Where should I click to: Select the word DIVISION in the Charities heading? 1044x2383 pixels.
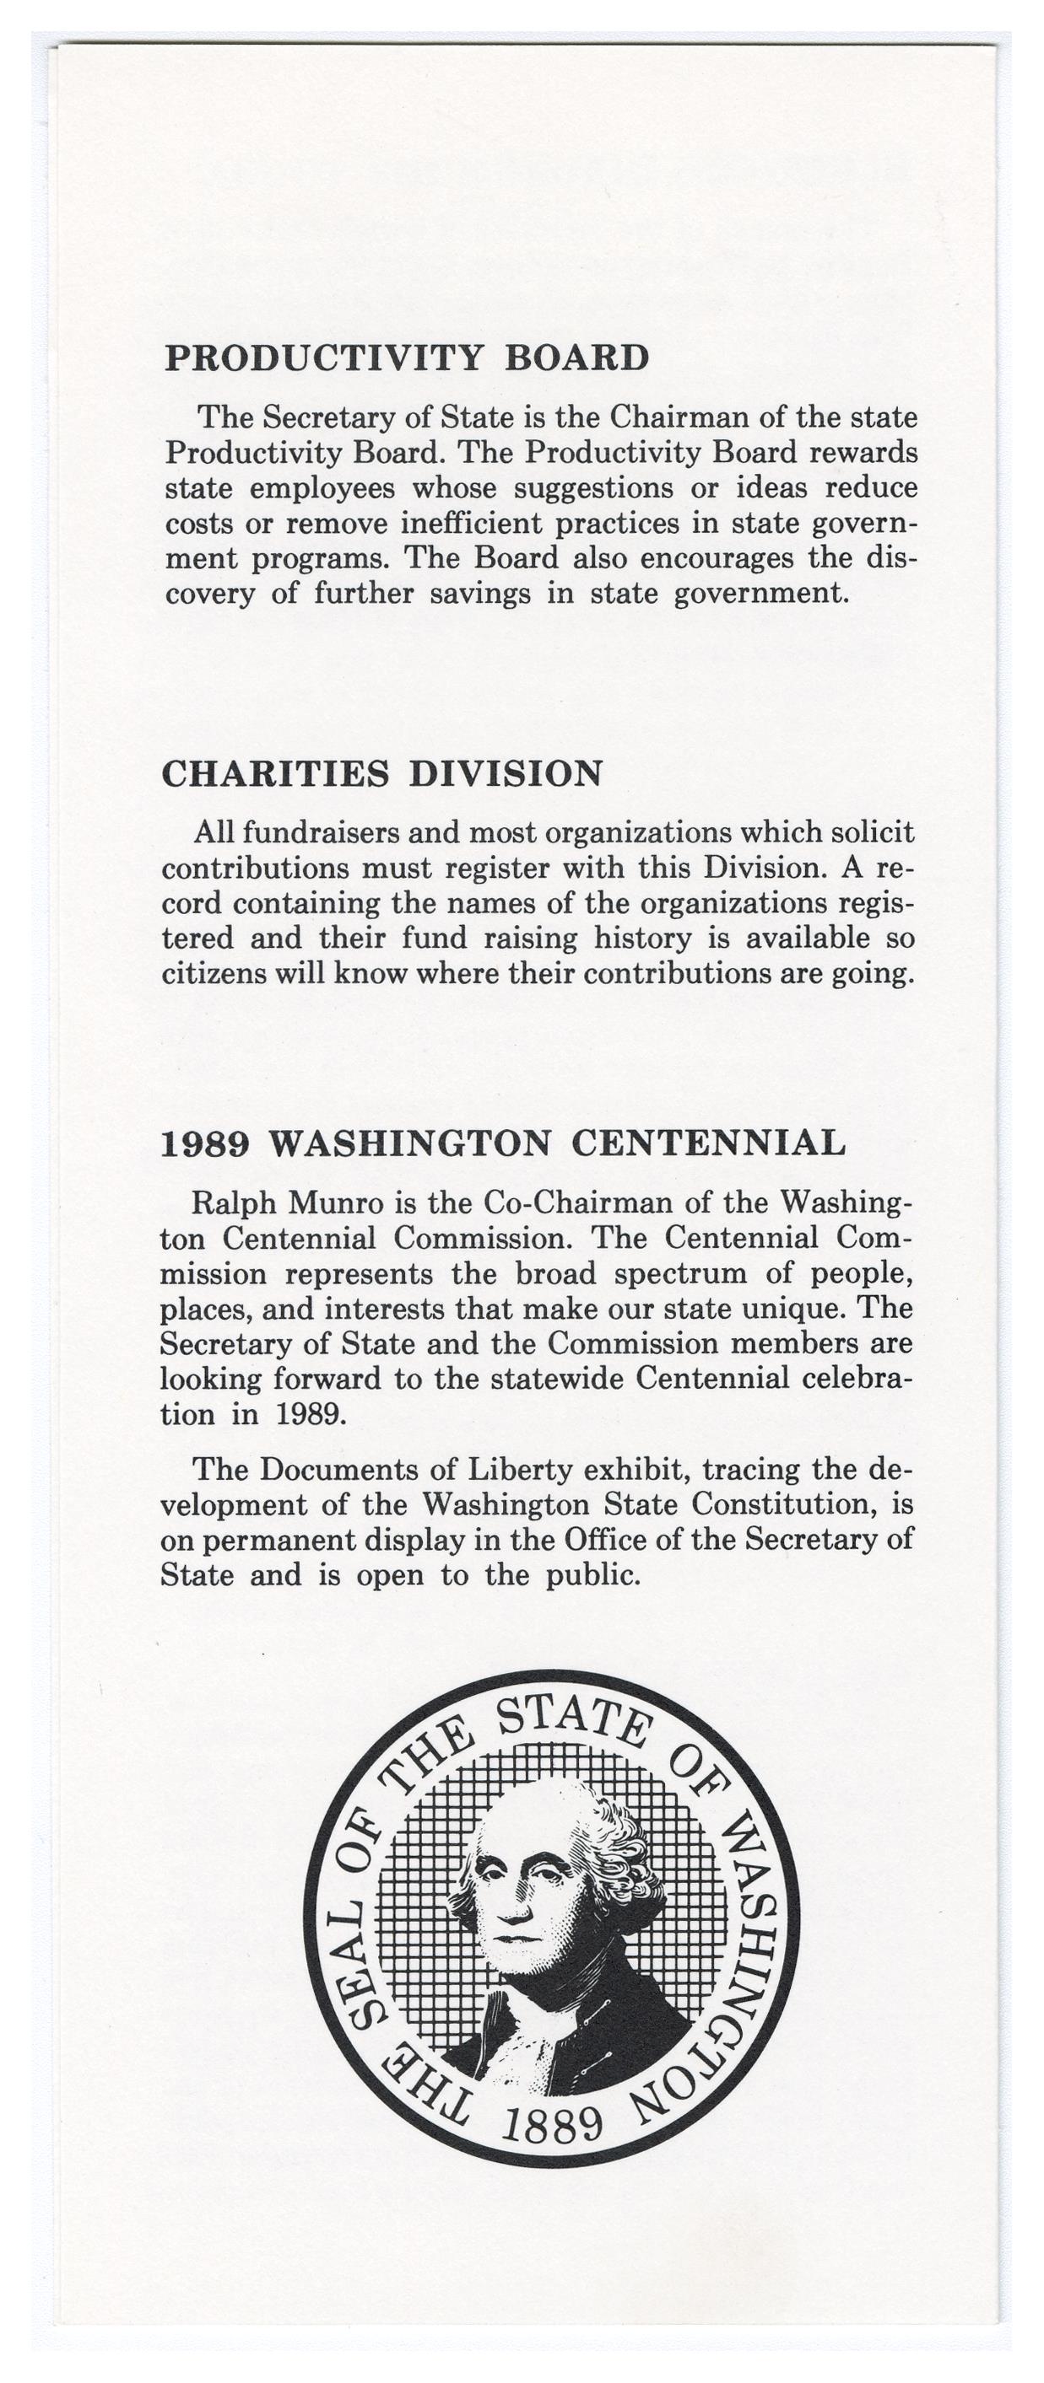(x=506, y=773)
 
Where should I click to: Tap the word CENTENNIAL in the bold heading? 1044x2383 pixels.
(x=708, y=1143)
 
